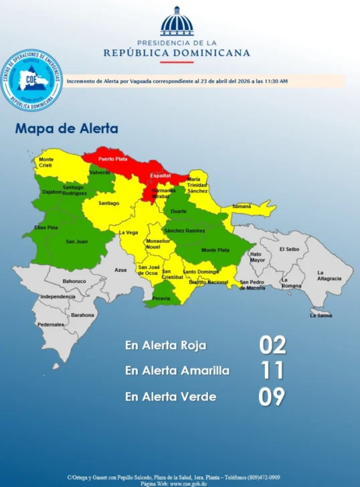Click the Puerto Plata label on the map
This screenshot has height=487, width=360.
point(112,159)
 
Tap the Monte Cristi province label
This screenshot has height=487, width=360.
point(46,163)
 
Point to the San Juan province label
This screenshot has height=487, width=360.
point(76,241)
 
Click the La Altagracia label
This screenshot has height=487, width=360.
point(329,276)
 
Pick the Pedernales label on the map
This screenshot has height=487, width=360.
point(51,324)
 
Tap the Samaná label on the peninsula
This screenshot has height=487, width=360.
point(242,207)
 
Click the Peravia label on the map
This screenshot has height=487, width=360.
point(161,298)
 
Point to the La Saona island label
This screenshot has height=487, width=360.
point(321,315)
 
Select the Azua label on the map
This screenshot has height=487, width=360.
point(120,270)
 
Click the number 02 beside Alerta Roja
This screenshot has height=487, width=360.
point(272,346)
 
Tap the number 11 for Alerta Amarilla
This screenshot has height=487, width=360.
point(272,371)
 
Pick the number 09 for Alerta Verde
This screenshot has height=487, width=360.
point(272,396)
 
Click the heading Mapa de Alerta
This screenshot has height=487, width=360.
point(66,128)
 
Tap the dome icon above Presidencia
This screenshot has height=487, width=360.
point(177,21)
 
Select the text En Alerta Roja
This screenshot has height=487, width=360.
point(165,346)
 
